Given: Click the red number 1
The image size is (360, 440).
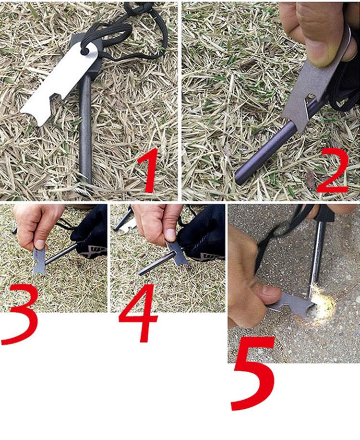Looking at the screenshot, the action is (x=149, y=171).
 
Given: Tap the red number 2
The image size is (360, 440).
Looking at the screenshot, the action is (x=334, y=171).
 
